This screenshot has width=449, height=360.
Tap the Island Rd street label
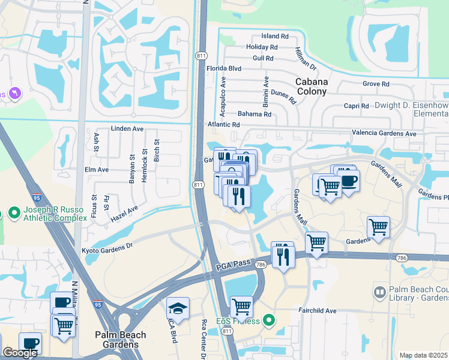coord(276,36)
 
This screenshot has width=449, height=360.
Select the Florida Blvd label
coord(223,69)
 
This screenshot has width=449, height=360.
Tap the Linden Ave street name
coord(128,128)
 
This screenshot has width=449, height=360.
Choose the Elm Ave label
coord(97,170)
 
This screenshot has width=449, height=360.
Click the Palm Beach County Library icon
coord(379,292)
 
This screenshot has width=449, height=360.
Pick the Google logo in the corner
coord(20,353)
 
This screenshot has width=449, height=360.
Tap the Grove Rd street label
coord(376,84)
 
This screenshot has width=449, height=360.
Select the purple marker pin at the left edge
coord(15,93)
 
